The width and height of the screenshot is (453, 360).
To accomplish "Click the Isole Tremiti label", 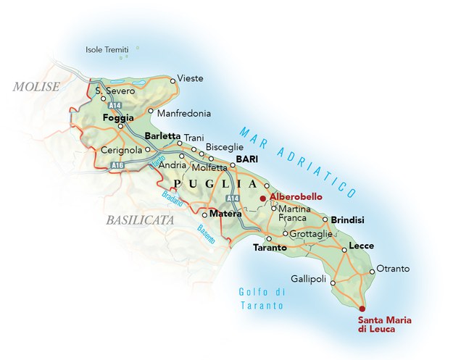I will [106, 50].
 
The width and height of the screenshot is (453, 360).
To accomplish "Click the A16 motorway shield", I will [117, 165].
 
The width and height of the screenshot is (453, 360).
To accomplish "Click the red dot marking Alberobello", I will [262, 197].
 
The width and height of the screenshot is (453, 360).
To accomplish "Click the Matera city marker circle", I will [204, 215].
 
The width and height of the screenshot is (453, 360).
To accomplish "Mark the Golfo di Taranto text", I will [262, 299].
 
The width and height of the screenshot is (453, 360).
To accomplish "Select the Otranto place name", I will [393, 269].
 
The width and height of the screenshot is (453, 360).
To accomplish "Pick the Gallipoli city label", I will [309, 279].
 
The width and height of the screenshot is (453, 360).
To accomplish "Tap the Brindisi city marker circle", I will [325, 219].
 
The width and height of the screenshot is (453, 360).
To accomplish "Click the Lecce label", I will [361, 246].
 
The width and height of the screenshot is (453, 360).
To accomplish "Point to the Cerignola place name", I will [120, 150].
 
